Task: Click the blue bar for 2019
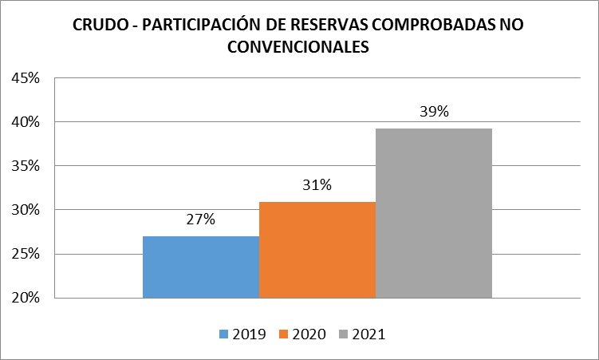pyautogui.click(x=201, y=267)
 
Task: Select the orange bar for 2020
pyautogui.click(x=317, y=250)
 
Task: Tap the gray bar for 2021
pyautogui.click(x=434, y=213)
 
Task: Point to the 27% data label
pyautogui.click(x=201, y=220)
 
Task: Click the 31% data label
pyautogui.click(x=317, y=185)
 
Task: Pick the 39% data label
pyautogui.click(x=434, y=112)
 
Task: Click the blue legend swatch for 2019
pyautogui.click(x=223, y=334)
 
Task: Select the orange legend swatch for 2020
pyautogui.click(x=283, y=334)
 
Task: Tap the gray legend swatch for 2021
pyautogui.click(x=343, y=334)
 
